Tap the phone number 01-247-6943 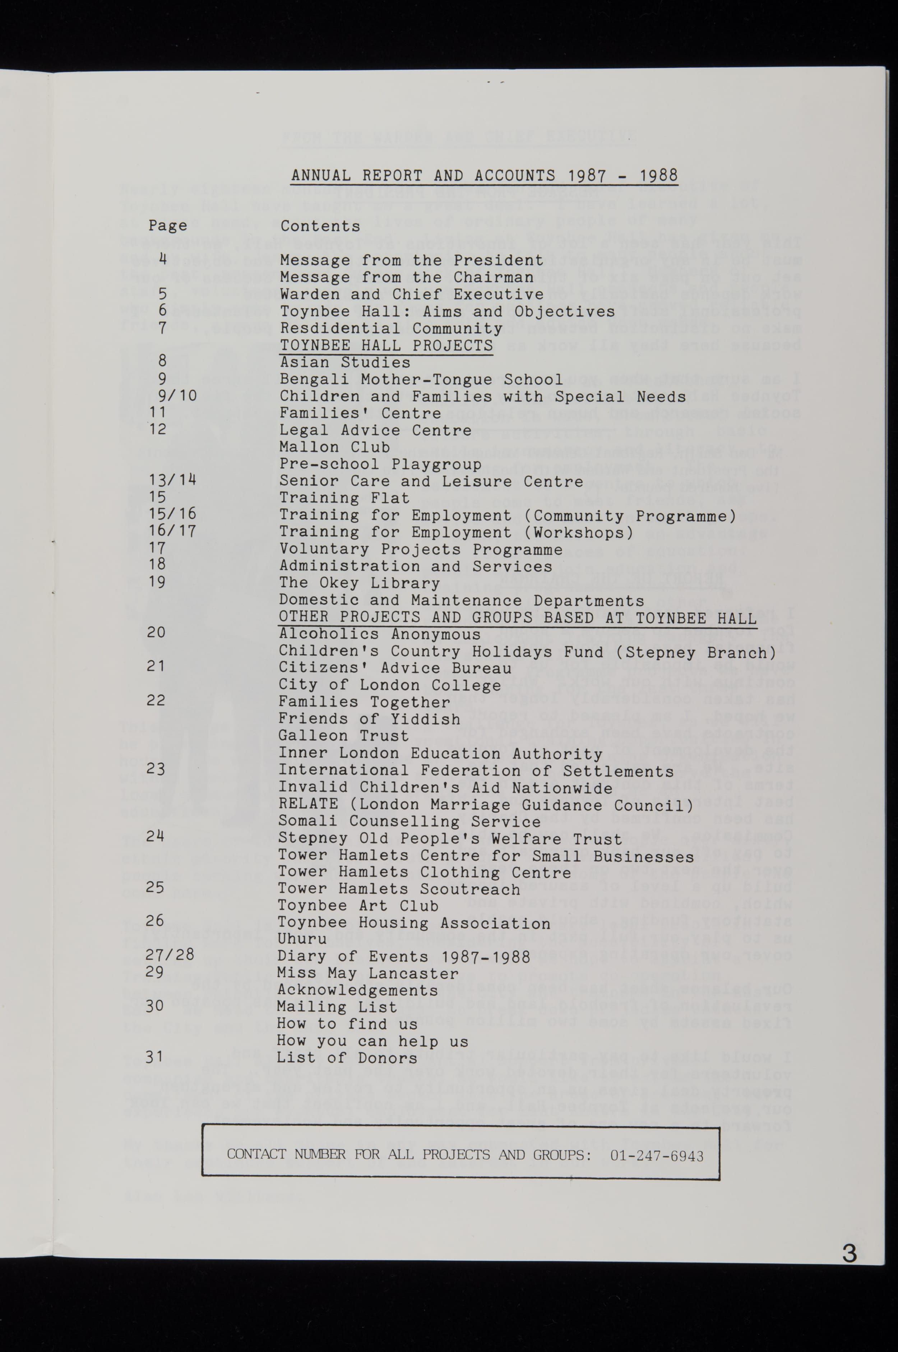tap(656, 1156)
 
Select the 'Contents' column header tap(320, 226)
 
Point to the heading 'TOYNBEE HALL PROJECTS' tap(386, 345)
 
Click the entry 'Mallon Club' tap(334, 447)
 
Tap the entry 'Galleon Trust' tap(344, 736)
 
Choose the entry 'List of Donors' tap(347, 1058)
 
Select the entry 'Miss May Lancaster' tap(368, 973)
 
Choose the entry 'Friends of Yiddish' tap(369, 719)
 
